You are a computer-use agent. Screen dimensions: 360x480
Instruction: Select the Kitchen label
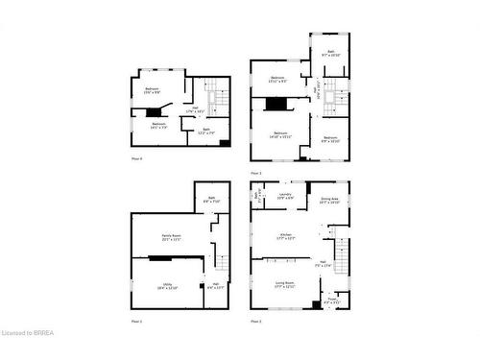pos(285,235)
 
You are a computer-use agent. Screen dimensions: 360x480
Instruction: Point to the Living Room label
pos(284,284)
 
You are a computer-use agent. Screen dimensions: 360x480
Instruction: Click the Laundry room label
pos(285,195)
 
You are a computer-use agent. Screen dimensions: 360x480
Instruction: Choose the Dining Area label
pos(329,201)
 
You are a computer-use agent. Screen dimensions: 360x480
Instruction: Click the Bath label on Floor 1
pos(211,201)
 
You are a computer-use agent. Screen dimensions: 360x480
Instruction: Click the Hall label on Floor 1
pos(216,285)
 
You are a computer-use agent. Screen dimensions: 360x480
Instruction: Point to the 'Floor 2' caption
pos(255,321)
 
